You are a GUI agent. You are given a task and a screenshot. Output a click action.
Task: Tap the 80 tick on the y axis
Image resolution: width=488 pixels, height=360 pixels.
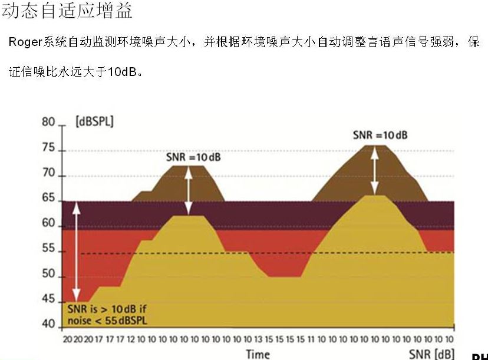[48, 123]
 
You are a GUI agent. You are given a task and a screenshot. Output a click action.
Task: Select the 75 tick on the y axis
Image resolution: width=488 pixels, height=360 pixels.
[48, 149]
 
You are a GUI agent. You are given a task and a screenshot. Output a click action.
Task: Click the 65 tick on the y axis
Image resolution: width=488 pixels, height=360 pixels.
[48, 200]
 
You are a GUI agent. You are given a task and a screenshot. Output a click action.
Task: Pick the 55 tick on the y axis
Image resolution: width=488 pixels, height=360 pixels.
[48, 250]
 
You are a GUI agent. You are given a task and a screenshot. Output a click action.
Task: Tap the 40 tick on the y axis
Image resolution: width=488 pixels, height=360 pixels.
[48, 325]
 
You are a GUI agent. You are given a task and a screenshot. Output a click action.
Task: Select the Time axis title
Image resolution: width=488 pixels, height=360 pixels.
[258, 354]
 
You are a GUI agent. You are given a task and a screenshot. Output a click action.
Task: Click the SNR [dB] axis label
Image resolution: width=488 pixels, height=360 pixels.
[431, 354]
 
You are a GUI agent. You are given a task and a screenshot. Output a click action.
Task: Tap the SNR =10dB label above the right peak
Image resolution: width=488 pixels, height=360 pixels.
[380, 135]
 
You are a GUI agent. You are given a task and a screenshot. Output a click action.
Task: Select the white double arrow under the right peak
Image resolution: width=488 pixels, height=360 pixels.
[374, 170]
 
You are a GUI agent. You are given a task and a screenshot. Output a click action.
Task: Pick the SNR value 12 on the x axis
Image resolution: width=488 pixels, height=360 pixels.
[131, 340]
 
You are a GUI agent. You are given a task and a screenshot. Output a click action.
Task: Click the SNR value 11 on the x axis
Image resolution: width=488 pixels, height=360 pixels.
[311, 340]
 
